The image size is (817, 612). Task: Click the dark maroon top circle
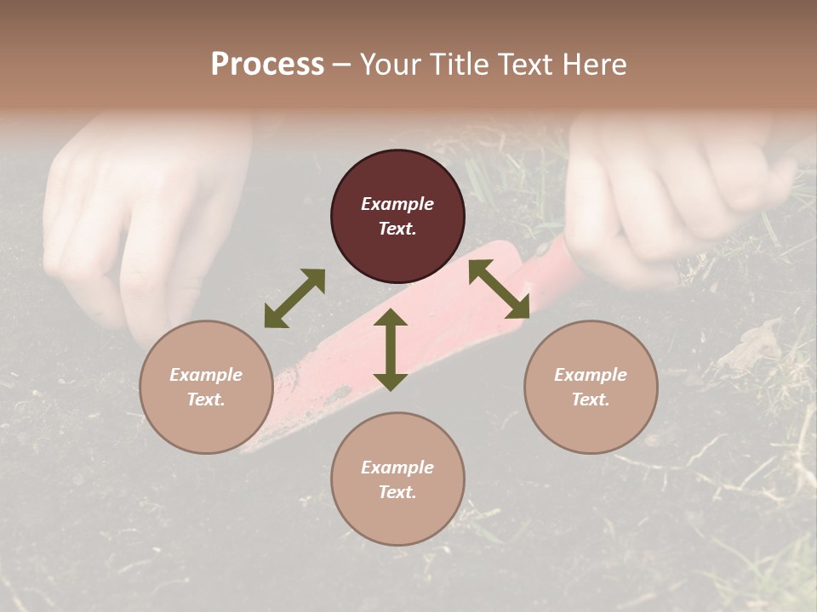click(x=397, y=217)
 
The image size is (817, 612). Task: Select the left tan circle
click(x=206, y=387)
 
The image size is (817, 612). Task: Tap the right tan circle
click(x=591, y=387)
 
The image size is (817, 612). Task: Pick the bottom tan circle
click(x=397, y=479)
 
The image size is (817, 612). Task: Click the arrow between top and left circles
click(x=294, y=298)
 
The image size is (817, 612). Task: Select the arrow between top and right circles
click(x=499, y=289)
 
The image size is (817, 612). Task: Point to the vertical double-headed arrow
click(x=391, y=349)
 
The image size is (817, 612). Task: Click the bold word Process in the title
click(x=267, y=65)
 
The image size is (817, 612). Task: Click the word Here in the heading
click(x=594, y=65)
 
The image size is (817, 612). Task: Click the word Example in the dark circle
click(x=397, y=204)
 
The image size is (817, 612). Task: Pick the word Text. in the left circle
click(x=206, y=399)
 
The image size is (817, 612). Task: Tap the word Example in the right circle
click(x=591, y=375)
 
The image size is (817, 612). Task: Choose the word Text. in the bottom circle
click(x=397, y=492)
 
